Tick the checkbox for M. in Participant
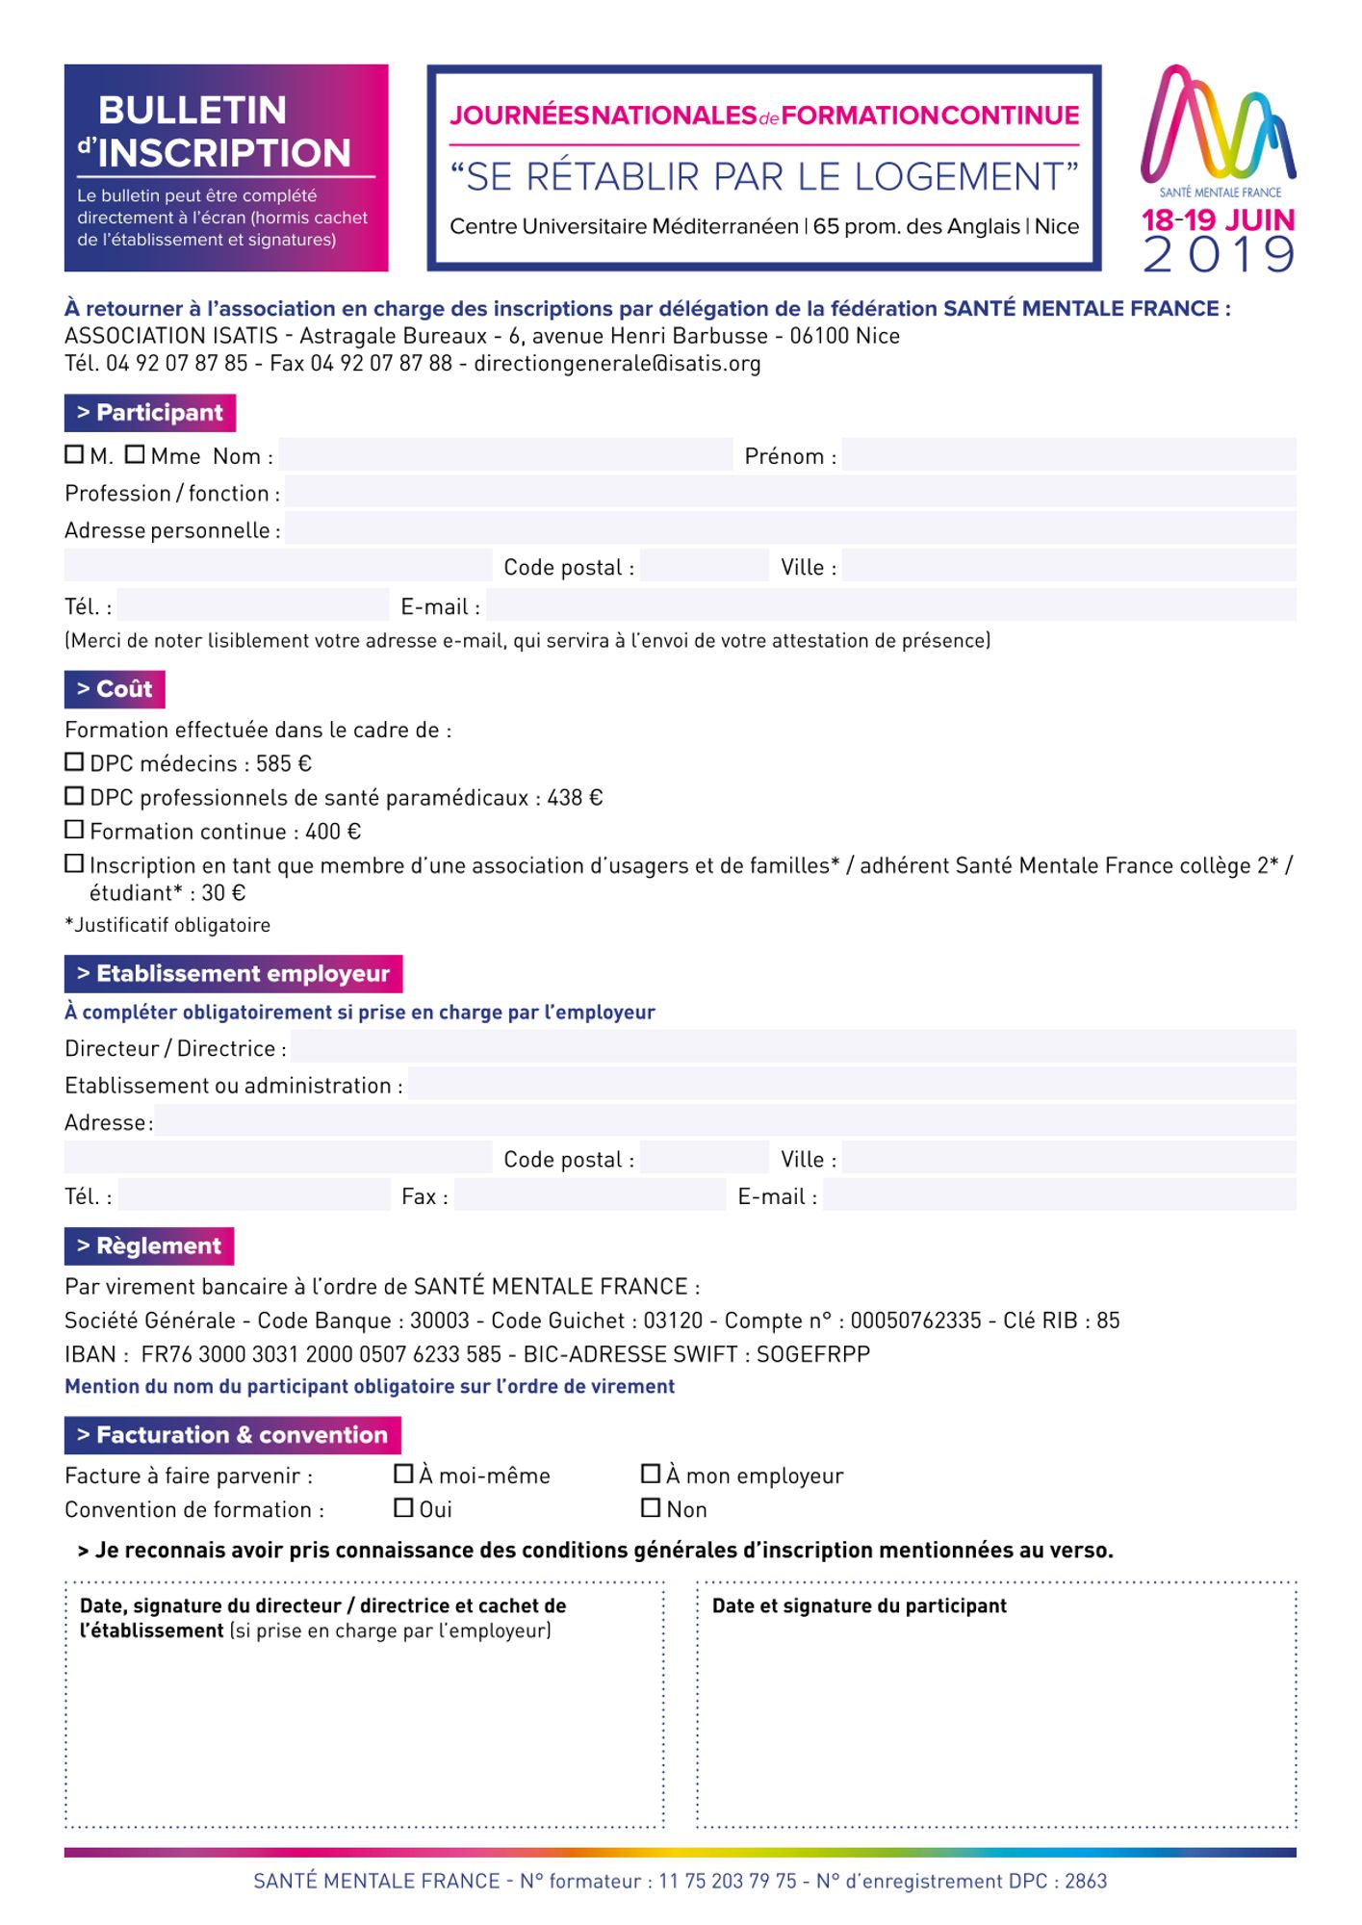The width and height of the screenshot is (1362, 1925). pyautogui.click(x=74, y=454)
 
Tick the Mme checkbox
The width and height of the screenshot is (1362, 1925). pyautogui.click(x=135, y=454)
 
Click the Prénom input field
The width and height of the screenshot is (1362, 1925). pyautogui.click(x=1068, y=454)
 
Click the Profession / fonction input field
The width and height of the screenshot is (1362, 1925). pyautogui.click(x=789, y=492)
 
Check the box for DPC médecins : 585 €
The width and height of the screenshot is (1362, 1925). pyautogui.click(x=74, y=762)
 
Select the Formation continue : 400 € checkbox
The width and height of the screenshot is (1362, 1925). pyautogui.click(x=74, y=830)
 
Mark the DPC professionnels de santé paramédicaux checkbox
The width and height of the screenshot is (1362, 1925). pyautogui.click(x=74, y=796)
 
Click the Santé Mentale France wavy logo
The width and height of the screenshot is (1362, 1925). pyautogui.click(x=1218, y=125)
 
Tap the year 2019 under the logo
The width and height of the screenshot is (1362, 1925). pyautogui.click(x=1219, y=254)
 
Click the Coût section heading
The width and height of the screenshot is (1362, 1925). pyautogui.click(x=115, y=689)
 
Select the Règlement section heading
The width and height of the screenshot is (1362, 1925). pyautogui.click(x=149, y=1246)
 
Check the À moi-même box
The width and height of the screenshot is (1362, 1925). pyautogui.click(x=404, y=1474)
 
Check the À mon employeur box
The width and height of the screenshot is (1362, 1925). pyautogui.click(x=651, y=1474)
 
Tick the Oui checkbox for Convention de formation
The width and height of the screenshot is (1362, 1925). pyautogui.click(x=404, y=1507)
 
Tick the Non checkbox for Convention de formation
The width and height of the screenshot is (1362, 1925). pyautogui.click(x=651, y=1507)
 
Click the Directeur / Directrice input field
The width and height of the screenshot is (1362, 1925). pyautogui.click(x=793, y=1047)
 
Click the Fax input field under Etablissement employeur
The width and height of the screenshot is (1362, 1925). pyautogui.click(x=589, y=1195)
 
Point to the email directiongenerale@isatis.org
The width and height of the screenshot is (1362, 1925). pyautogui.click(x=617, y=364)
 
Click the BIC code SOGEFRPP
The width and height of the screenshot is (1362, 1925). pyautogui.click(x=813, y=1354)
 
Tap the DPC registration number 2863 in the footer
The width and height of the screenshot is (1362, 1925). pyautogui.click(x=1086, y=1882)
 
